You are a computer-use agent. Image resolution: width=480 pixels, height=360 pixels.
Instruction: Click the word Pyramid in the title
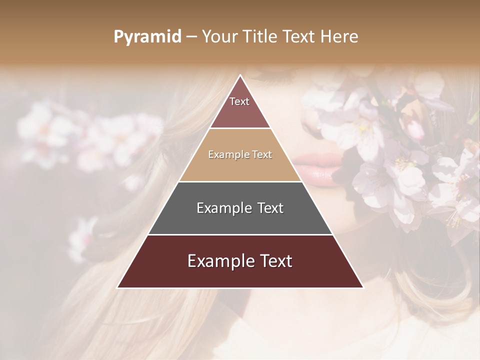(x=147, y=37)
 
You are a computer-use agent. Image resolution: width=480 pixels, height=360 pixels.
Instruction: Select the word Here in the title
(x=340, y=37)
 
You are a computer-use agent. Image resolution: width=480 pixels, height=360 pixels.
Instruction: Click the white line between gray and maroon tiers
(x=240, y=234)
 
